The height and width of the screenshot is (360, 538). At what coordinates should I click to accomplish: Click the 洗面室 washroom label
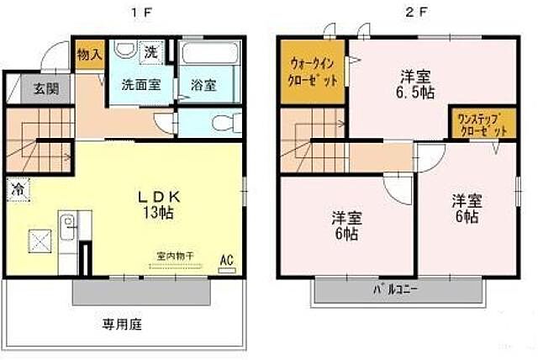(x=138, y=84)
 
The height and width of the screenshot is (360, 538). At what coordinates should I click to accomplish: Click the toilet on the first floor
(x=220, y=123)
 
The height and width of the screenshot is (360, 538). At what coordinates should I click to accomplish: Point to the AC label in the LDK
(x=225, y=260)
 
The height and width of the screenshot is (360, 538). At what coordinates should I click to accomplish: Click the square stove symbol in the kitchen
(x=39, y=240)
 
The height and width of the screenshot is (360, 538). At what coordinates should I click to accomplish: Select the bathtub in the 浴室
(x=211, y=60)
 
